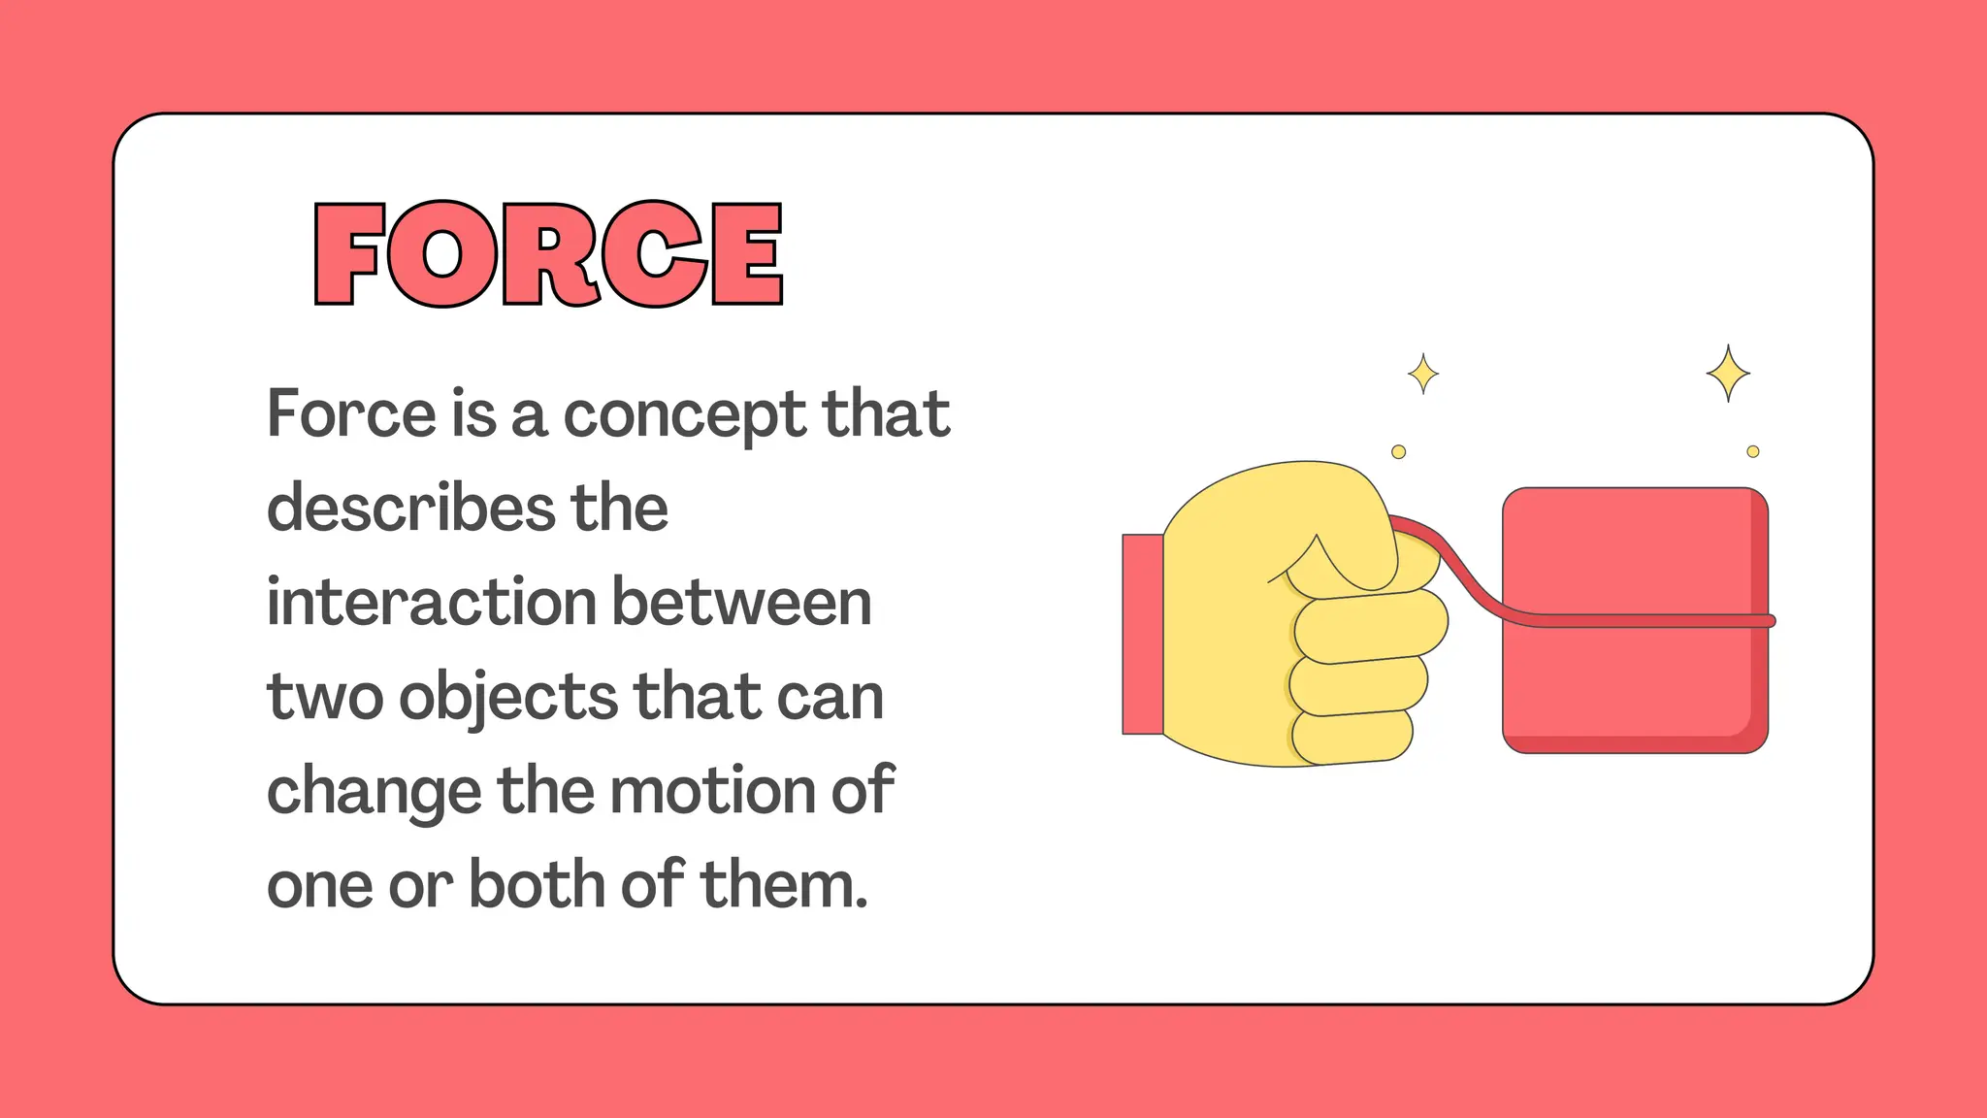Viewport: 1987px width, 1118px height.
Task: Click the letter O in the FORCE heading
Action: (442, 254)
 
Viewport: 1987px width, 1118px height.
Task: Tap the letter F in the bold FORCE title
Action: (348, 254)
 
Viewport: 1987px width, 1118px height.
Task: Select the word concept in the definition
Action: (684, 416)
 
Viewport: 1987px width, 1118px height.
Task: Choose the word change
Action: (374, 792)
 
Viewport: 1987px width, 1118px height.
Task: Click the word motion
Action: (712, 790)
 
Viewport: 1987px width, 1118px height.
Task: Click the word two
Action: (324, 698)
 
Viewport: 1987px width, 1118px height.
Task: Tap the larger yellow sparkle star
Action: (1728, 373)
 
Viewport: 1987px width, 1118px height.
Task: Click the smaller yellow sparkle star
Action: (1423, 374)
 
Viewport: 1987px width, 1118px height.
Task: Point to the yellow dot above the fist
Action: (1398, 451)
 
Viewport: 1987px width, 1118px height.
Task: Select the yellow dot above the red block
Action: (1752, 451)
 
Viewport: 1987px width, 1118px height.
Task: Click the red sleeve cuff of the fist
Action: (1142, 634)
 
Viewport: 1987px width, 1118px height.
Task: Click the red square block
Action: (1630, 679)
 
